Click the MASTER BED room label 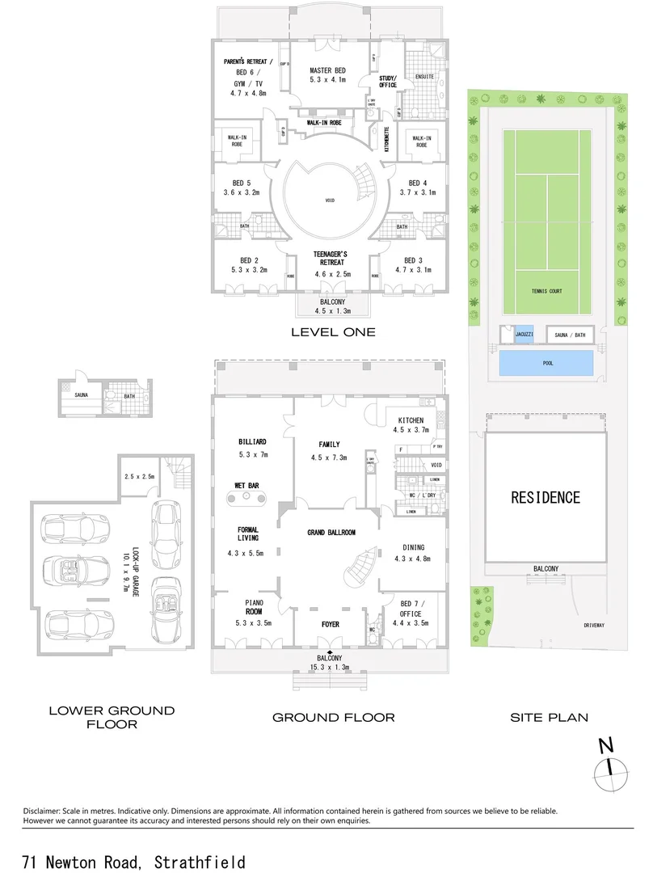[326, 71]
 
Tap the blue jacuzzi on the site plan [524, 335]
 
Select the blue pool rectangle [548, 364]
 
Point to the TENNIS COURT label [546, 291]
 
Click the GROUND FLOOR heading [333, 717]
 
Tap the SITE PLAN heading [549, 717]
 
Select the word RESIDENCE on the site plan [546, 497]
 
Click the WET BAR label [246, 486]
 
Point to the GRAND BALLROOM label [331, 533]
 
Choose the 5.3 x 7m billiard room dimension [252, 455]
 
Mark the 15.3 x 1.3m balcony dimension [330, 667]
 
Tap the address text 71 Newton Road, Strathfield [134, 862]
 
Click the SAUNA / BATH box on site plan [570, 335]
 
